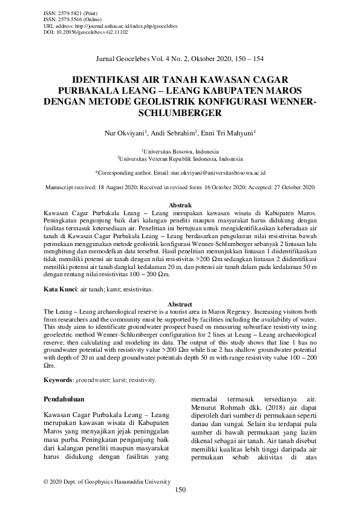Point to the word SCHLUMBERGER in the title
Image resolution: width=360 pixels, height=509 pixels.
click(180, 112)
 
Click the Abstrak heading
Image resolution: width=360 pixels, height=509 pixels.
click(180, 206)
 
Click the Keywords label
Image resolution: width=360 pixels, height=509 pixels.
click(59, 380)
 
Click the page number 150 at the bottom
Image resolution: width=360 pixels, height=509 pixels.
click(180, 490)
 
